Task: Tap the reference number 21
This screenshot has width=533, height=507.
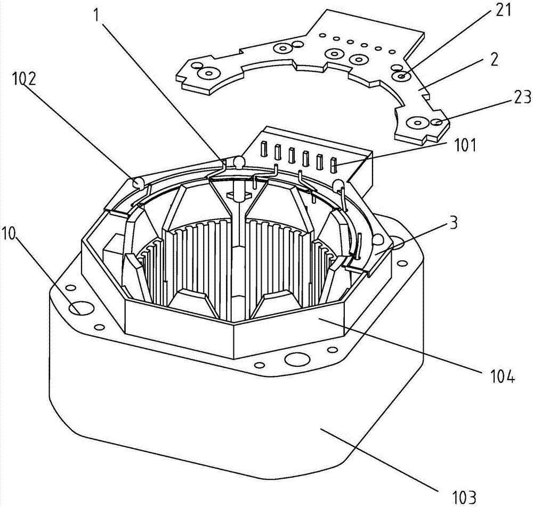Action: [x=501, y=11]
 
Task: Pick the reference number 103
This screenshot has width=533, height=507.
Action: [x=459, y=497]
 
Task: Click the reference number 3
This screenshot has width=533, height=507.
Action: [x=453, y=224]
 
